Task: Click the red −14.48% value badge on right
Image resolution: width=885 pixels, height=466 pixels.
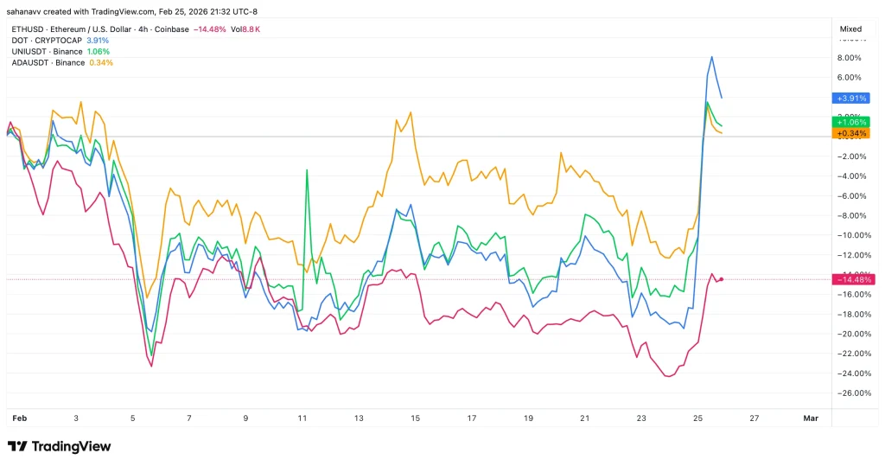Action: click(852, 279)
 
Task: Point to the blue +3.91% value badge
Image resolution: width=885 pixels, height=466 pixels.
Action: click(850, 99)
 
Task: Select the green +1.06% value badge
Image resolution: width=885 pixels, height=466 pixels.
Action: click(850, 122)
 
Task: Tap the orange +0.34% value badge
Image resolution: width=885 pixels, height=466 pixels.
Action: click(850, 133)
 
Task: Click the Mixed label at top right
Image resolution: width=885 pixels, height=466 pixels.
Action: click(850, 29)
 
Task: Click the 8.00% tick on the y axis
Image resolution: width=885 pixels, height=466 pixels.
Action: click(850, 58)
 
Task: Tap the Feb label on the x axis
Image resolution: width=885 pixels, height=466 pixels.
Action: click(19, 418)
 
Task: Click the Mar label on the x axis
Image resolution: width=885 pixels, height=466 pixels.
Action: click(810, 418)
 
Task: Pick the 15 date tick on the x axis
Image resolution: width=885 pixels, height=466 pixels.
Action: click(416, 418)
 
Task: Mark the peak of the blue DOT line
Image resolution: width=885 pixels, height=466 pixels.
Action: click(711, 57)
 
